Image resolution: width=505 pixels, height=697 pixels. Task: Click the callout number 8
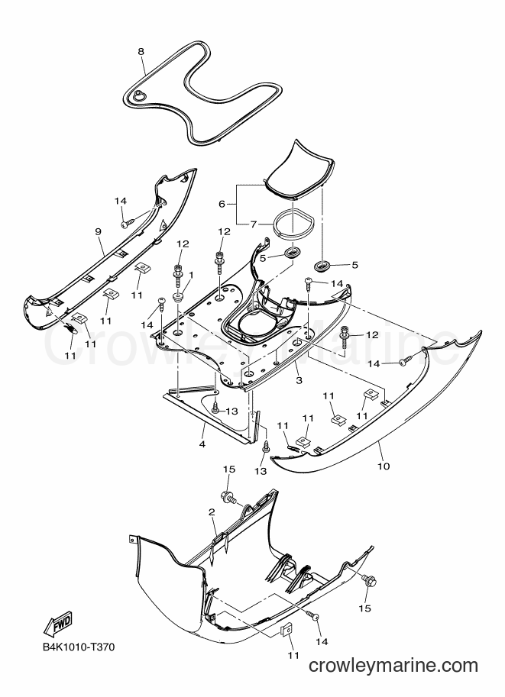(141, 52)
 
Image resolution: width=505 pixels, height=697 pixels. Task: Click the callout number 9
(99, 231)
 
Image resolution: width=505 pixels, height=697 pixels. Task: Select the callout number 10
(384, 466)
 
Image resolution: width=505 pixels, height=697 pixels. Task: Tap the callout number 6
(222, 204)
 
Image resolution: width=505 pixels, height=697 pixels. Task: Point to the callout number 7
(253, 224)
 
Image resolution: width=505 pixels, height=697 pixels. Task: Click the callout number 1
(191, 276)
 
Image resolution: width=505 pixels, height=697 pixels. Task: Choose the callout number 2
(212, 513)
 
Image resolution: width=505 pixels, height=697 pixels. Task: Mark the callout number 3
(299, 380)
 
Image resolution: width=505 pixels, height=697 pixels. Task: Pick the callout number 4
(202, 444)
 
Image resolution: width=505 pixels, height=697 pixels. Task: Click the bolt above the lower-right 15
(370, 580)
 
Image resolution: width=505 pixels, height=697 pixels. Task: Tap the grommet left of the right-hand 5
(291, 253)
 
